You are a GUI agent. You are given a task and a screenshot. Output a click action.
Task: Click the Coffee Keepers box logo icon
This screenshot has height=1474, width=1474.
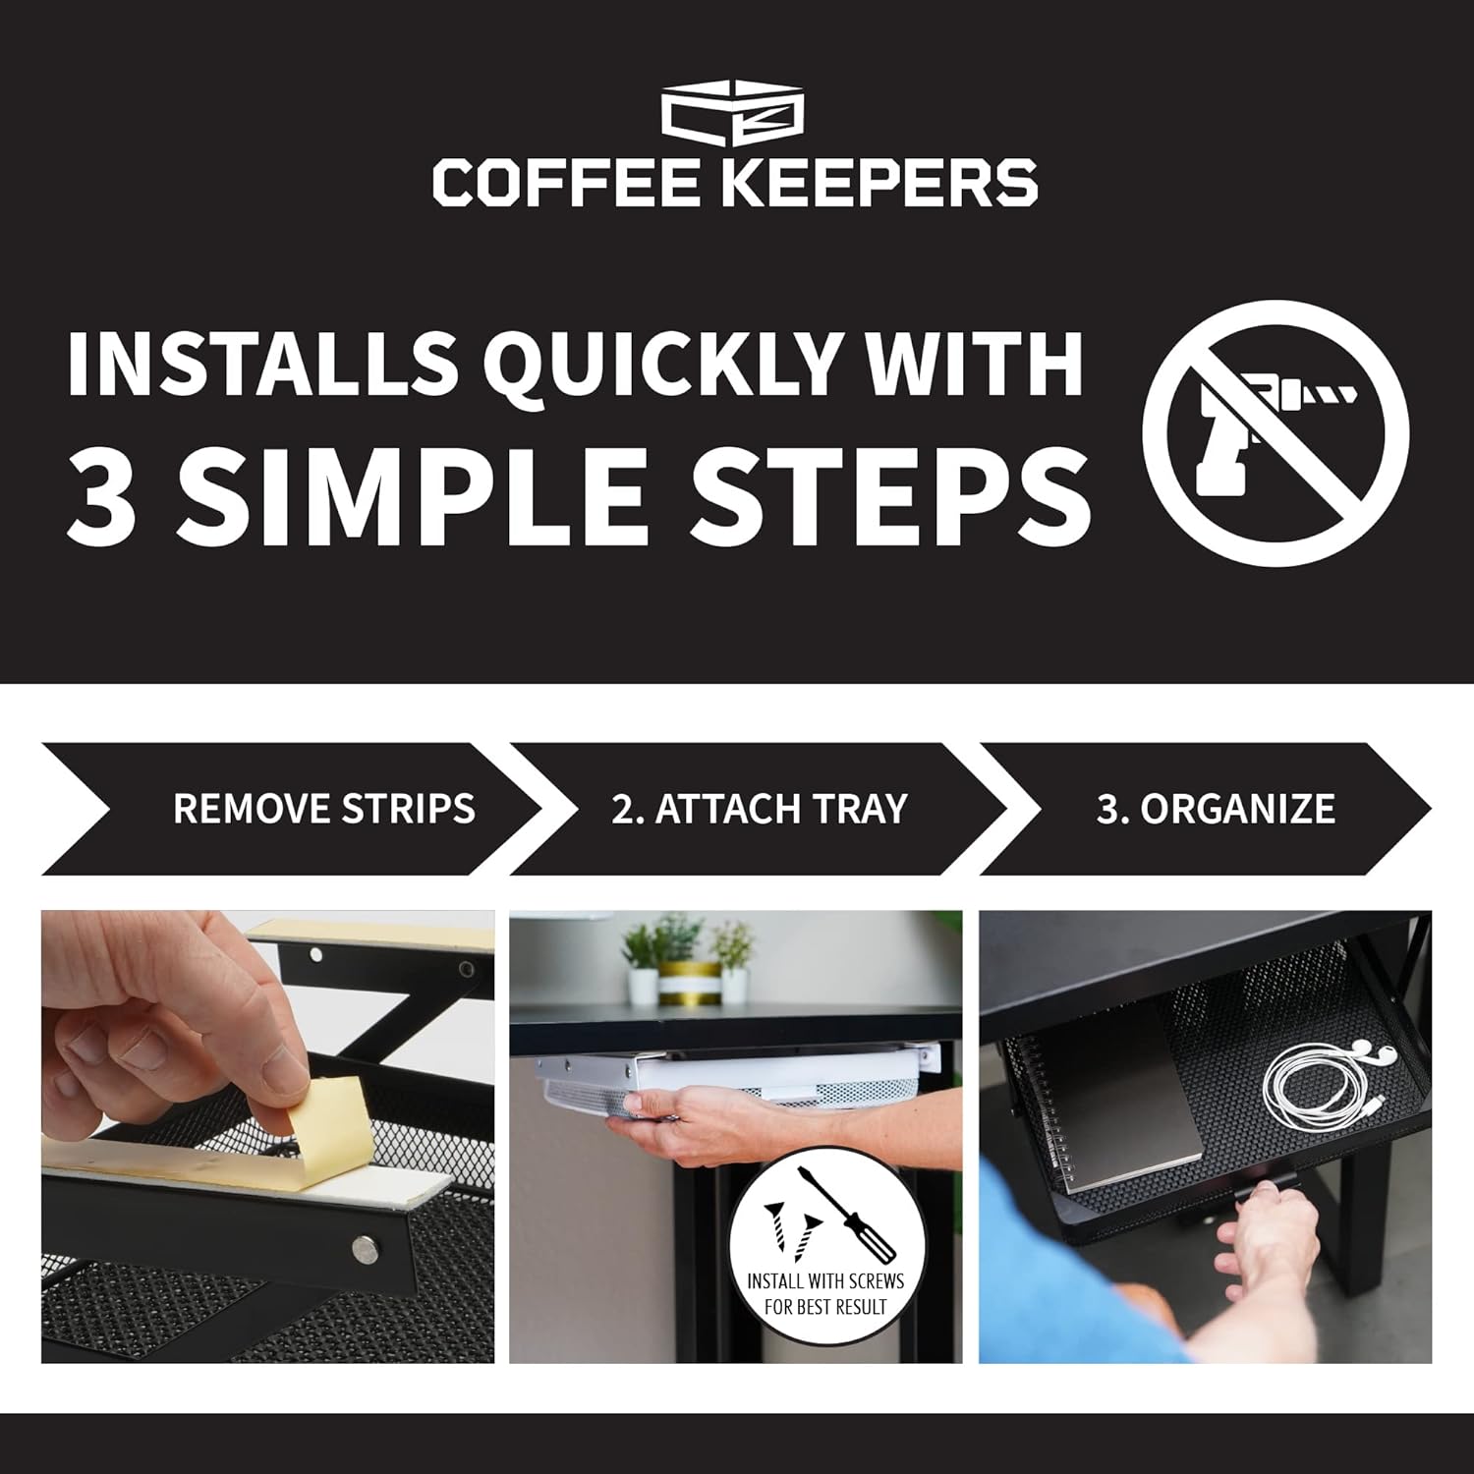[733, 116]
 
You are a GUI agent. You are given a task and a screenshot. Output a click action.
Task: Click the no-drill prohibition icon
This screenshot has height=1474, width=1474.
[1276, 433]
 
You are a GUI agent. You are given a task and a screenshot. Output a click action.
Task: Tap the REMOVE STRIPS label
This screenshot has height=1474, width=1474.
[324, 809]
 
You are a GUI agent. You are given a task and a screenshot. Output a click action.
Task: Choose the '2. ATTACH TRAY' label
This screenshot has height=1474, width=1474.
[759, 809]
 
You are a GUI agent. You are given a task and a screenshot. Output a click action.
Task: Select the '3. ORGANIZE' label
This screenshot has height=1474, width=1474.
[1216, 809]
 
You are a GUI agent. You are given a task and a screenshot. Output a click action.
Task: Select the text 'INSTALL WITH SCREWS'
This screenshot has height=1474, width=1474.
[825, 1281]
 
